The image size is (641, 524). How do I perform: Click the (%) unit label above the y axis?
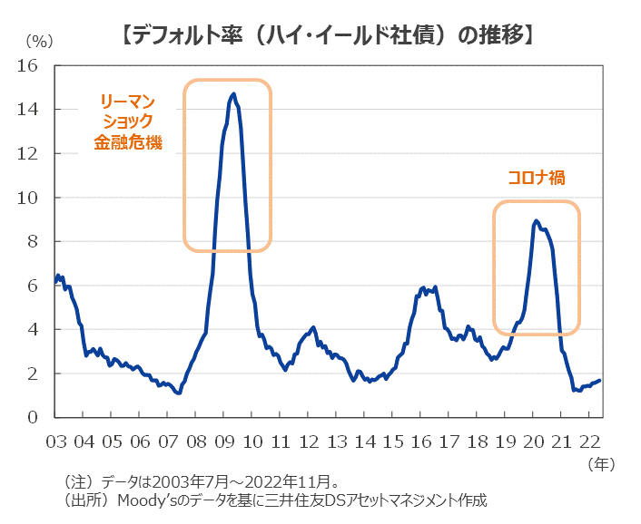tap(40, 40)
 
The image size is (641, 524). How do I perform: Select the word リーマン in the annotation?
tap(127, 101)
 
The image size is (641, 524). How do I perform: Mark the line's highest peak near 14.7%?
tap(233, 93)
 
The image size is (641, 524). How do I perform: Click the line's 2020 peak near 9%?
tap(536, 220)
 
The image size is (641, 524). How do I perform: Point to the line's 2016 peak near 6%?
tap(422, 287)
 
